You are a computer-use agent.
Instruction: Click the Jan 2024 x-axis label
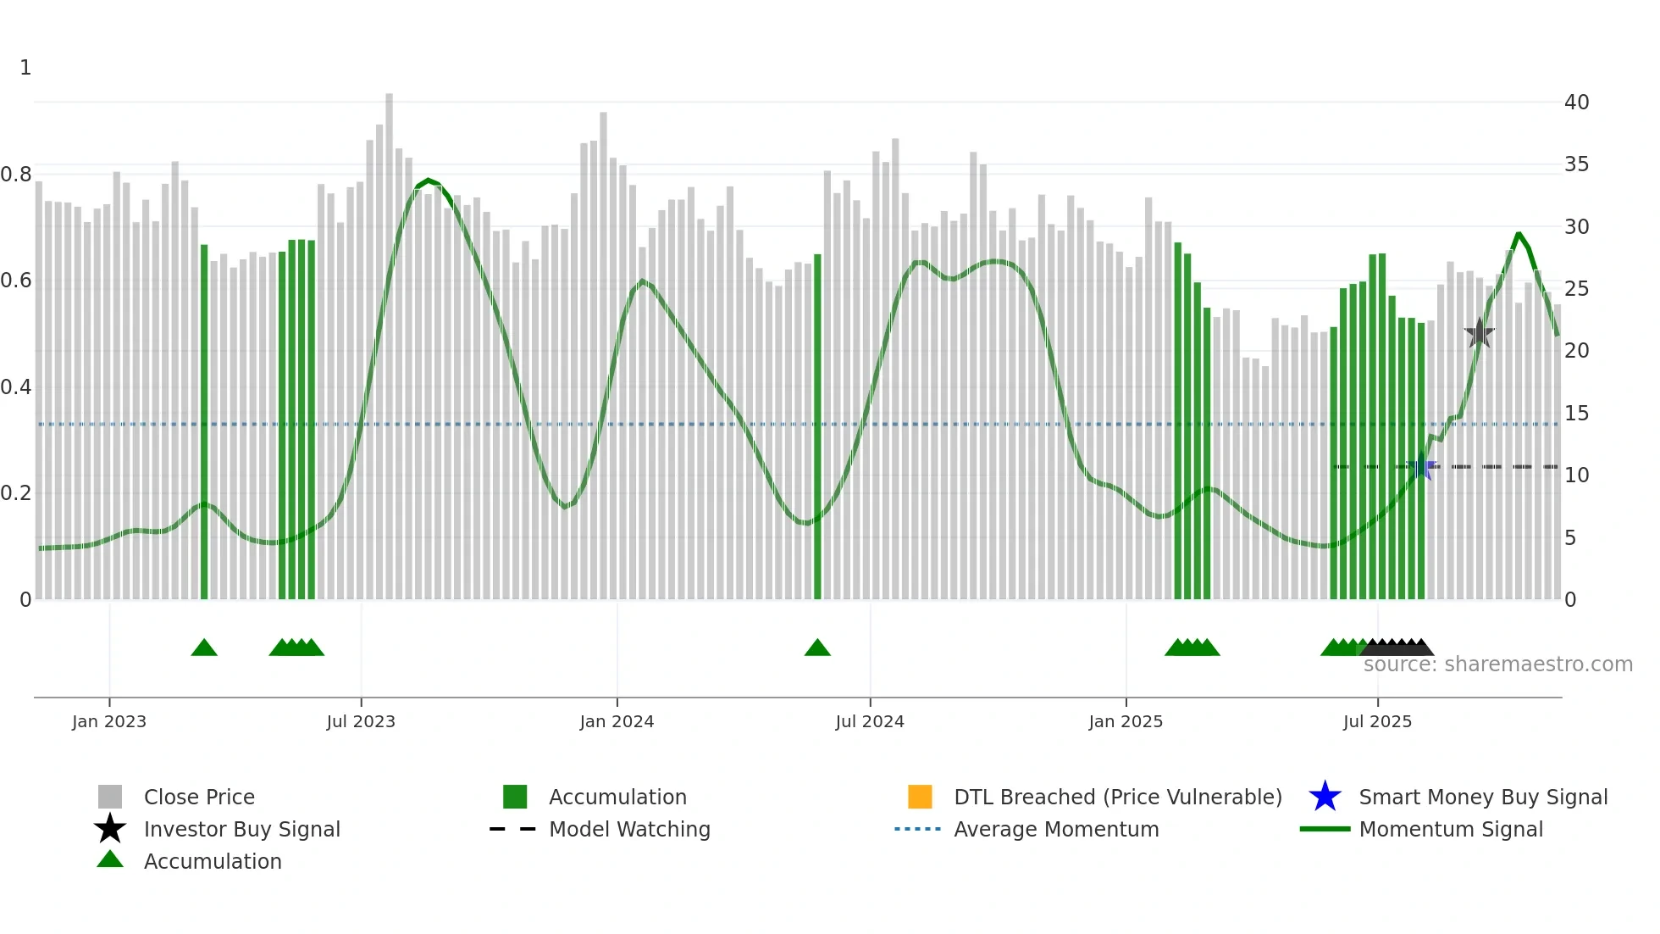click(617, 721)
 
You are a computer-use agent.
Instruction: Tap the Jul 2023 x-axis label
click(361, 721)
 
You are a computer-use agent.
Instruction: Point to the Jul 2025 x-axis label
click(1377, 721)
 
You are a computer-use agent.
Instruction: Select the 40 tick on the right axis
click(1576, 103)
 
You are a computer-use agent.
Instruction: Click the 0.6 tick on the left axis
click(17, 281)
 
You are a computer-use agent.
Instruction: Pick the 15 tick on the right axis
click(1576, 414)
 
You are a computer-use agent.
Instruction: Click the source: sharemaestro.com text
click(1497, 664)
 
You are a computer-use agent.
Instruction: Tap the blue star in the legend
click(1325, 797)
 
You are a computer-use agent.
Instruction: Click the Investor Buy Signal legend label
click(241, 829)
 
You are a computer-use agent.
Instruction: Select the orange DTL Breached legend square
click(920, 797)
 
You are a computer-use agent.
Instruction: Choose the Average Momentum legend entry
click(1055, 829)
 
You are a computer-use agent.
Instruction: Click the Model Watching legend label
click(628, 829)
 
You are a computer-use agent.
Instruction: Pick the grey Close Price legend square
click(110, 797)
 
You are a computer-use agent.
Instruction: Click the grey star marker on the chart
click(1479, 334)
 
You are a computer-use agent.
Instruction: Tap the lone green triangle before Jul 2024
click(817, 648)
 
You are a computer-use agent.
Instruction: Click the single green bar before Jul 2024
click(817, 424)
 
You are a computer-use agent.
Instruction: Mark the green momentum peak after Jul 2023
click(428, 181)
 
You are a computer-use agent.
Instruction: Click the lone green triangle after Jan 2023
click(204, 648)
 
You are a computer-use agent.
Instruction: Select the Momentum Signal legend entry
click(1450, 829)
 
